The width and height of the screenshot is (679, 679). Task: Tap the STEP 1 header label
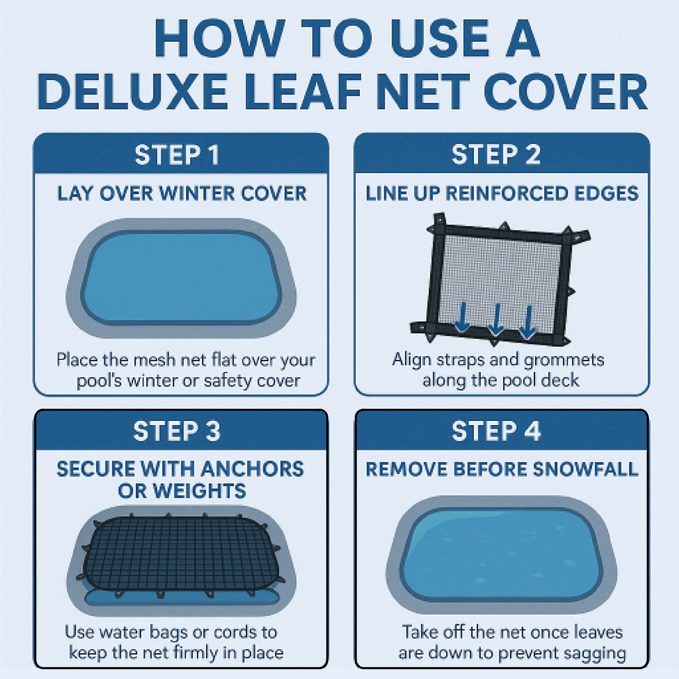click(x=177, y=155)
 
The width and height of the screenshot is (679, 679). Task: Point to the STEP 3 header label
click(x=177, y=430)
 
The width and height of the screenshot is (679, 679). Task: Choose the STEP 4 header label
click(x=496, y=430)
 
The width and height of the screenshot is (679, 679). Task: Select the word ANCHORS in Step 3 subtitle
click(x=252, y=469)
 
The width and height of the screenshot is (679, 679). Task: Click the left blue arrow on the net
click(x=462, y=317)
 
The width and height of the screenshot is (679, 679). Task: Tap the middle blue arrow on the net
click(x=496, y=320)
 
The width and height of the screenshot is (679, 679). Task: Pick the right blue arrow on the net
click(x=527, y=322)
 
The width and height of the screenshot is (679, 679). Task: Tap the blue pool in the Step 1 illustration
click(x=181, y=278)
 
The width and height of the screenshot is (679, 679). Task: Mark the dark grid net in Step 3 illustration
click(x=181, y=555)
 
